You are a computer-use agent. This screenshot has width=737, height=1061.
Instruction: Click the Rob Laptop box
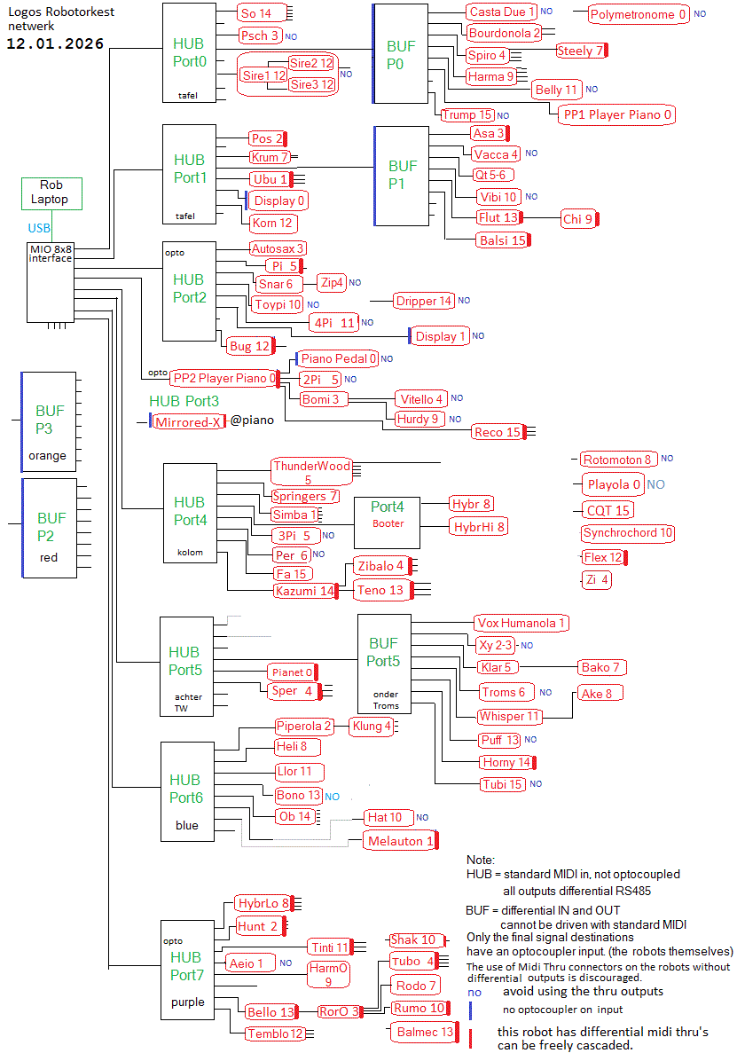click(51, 193)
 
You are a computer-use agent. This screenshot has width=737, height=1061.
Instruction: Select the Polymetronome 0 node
click(639, 14)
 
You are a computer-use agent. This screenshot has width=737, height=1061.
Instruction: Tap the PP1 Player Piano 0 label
click(617, 114)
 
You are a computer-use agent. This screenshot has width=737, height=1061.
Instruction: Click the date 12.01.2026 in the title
click(55, 43)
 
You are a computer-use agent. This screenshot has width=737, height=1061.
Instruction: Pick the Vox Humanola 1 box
click(521, 623)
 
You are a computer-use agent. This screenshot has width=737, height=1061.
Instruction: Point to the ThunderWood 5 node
click(311, 472)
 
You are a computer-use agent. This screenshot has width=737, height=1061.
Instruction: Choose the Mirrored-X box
click(187, 422)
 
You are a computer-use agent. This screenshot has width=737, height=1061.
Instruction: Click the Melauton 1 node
click(400, 840)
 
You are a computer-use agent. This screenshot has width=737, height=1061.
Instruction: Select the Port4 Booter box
click(387, 515)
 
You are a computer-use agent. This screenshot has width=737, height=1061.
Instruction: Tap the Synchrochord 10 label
click(628, 533)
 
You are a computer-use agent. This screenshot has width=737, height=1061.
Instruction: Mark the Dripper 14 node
click(423, 301)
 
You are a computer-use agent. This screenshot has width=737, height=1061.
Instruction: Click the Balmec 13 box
click(423, 1032)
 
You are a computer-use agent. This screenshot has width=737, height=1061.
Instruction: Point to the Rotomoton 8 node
click(618, 460)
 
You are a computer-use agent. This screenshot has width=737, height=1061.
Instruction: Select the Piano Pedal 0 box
click(338, 358)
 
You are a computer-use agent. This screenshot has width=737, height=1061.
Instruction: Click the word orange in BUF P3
click(48, 456)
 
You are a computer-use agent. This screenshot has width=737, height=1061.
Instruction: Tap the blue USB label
click(39, 228)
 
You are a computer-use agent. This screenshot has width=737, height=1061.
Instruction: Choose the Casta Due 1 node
click(502, 12)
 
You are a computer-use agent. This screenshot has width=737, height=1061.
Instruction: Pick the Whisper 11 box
click(509, 716)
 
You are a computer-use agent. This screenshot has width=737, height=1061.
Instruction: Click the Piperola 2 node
click(303, 727)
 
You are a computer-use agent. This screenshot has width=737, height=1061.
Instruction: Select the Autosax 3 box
click(278, 248)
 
